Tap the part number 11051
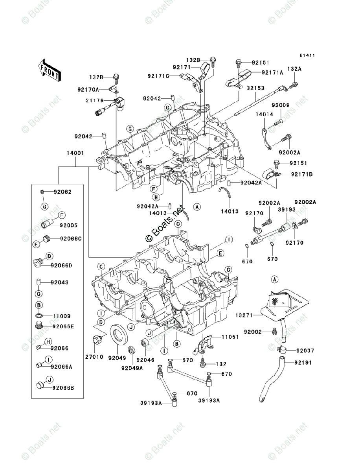click(x=230, y=337)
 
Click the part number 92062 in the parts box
click(x=63, y=192)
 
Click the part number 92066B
click(x=62, y=387)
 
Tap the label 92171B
click(x=301, y=173)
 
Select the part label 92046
click(x=144, y=360)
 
